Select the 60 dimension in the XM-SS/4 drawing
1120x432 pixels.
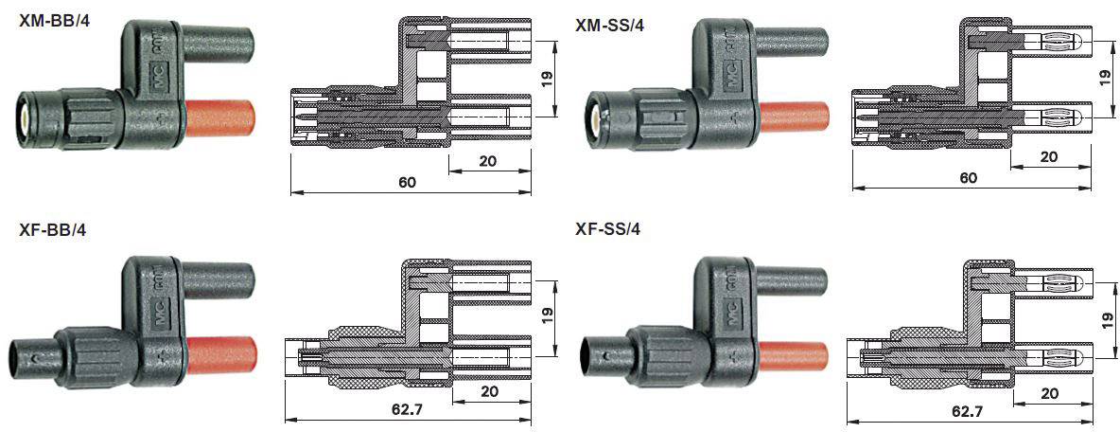click(968, 178)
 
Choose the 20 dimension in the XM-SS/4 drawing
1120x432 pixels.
click(1048, 157)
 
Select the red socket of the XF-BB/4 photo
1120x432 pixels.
click(223, 351)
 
